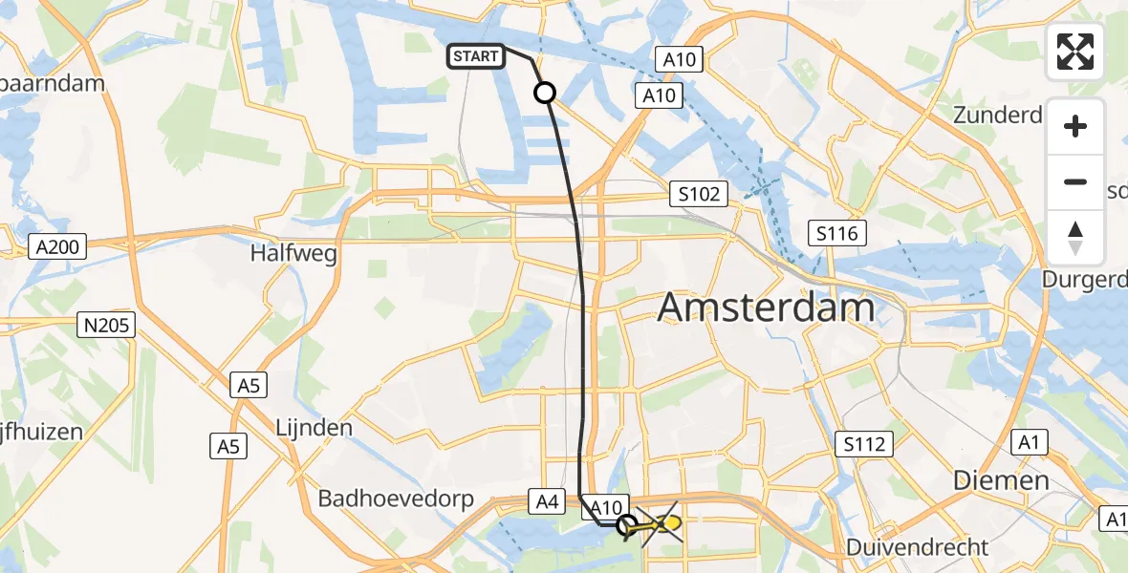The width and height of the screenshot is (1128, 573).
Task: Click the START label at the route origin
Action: click(x=475, y=56)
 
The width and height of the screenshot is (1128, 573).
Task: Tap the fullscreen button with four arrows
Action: click(x=1075, y=52)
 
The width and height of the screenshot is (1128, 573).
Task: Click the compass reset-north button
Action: click(x=1075, y=238)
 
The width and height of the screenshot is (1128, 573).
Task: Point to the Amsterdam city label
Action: click(x=767, y=308)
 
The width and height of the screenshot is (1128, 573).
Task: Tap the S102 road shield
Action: click(x=699, y=195)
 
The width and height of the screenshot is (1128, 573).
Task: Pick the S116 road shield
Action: click(x=836, y=232)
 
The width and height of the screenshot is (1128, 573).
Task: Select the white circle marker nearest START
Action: click(x=544, y=93)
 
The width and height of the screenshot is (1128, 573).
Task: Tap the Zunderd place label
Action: click(x=997, y=117)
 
